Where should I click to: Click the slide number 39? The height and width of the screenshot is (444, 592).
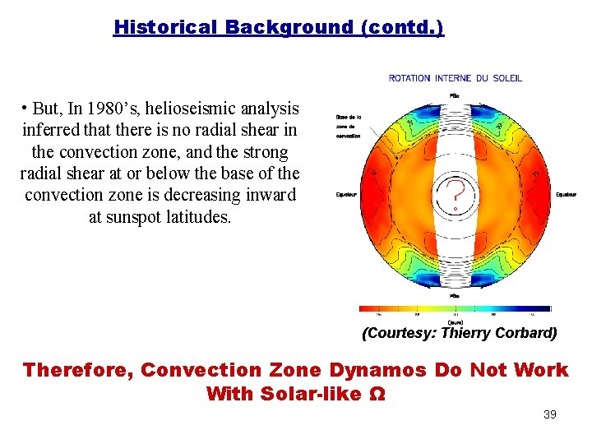tap(550, 414)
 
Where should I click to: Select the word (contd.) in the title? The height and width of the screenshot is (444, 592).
tap(402, 27)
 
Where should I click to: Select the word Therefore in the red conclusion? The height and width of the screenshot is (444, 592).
tap(77, 370)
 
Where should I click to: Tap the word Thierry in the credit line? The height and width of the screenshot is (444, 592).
tap(465, 333)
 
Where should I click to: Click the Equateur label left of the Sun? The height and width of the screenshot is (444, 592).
tap(345, 195)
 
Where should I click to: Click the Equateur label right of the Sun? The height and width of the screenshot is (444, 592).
tap(566, 195)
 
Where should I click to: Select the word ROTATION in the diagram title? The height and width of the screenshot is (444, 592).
tap(409, 78)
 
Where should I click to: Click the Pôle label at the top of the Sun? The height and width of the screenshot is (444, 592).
tap(455, 95)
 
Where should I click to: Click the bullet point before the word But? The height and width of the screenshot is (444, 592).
tap(27, 108)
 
